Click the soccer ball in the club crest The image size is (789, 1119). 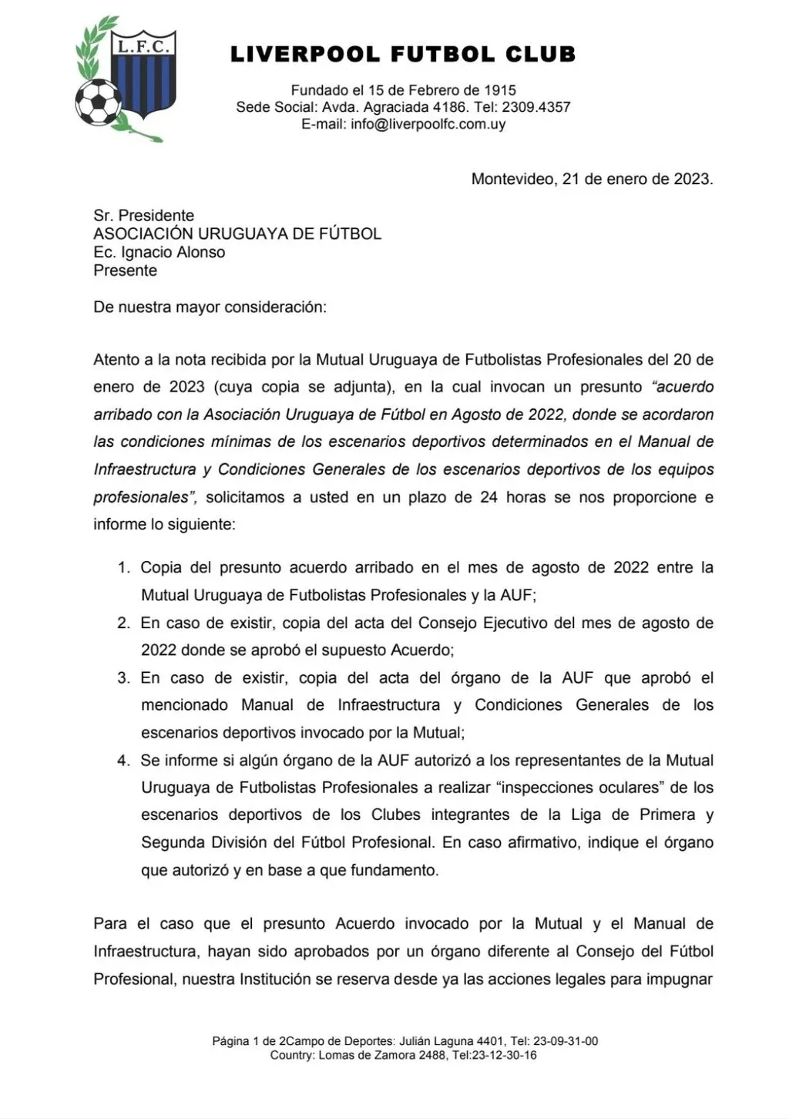click(x=98, y=102)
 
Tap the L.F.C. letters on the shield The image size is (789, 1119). click(x=143, y=47)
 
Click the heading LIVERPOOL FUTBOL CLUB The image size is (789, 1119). click(x=403, y=55)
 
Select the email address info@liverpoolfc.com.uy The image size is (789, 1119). click(x=428, y=124)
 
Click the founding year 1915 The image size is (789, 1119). click(x=500, y=90)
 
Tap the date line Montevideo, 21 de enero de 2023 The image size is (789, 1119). click(x=592, y=179)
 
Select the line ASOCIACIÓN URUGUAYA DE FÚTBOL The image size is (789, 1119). click(x=237, y=234)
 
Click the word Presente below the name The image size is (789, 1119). click(x=126, y=271)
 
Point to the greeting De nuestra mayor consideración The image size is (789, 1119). click(x=210, y=307)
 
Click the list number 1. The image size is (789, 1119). click(x=123, y=568)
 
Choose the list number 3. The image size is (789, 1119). click(x=123, y=678)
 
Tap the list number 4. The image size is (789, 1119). click(x=123, y=761)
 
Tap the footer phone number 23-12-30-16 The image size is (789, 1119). click(x=505, y=1055)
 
